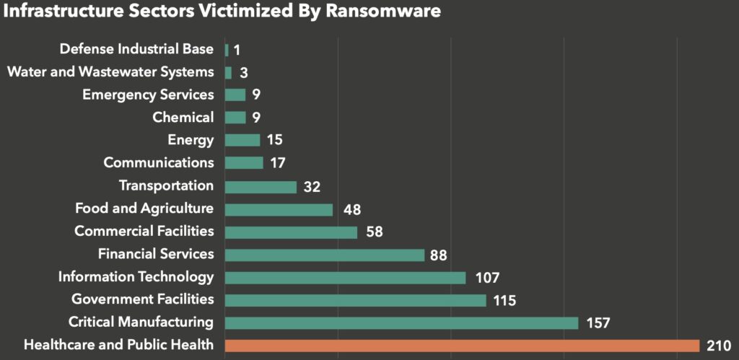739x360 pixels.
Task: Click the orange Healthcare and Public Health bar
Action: [462, 346]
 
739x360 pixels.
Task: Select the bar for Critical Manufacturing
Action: [401, 322]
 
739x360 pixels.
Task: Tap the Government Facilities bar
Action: [355, 300]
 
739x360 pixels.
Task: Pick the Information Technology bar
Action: [345, 278]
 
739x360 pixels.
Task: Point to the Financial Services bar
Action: [325, 255]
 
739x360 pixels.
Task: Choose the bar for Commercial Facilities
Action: [291, 232]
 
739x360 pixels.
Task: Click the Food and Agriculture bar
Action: [279, 209]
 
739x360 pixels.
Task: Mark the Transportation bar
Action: [261, 187]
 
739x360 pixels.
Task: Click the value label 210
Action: [720, 346]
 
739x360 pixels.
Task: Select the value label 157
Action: [598, 322]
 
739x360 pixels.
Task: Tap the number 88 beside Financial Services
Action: [439, 255]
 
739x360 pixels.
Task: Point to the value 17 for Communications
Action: [278, 163]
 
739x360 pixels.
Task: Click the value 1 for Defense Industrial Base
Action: [237, 51]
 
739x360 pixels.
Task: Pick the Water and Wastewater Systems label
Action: [110, 72]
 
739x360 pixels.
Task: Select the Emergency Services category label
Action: [148, 95]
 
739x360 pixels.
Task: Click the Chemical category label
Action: [183, 118]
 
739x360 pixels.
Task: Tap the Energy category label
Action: [191, 140]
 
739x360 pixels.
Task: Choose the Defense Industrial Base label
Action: [136, 49]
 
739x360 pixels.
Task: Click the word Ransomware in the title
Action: [379, 12]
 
